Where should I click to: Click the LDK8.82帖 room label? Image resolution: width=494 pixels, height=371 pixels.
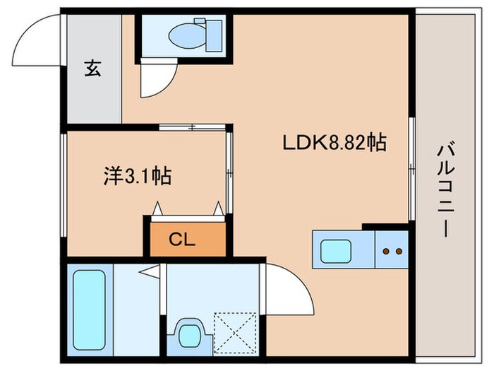(334, 143)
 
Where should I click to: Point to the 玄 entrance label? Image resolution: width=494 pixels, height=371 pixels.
(92, 69)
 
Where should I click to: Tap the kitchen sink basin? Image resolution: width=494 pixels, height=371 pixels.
(335, 250)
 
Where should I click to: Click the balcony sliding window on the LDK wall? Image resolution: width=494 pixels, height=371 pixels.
(411, 170)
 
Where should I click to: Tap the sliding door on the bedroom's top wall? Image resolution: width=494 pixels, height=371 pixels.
(192, 128)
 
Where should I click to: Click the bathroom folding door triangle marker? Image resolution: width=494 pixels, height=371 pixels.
(147, 270)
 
